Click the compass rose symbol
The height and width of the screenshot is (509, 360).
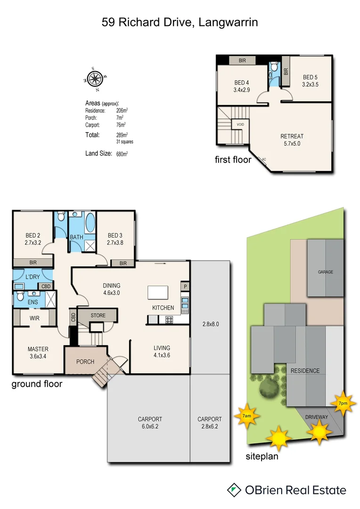(x=96, y=79)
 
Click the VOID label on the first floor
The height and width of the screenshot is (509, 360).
(x=240, y=124)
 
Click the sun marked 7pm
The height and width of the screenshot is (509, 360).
(x=343, y=403)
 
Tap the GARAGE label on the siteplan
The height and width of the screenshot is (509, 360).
(x=325, y=272)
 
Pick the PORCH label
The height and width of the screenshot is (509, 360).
(x=85, y=362)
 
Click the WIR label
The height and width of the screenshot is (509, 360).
(x=34, y=318)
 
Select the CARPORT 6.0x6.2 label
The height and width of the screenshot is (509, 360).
(x=150, y=422)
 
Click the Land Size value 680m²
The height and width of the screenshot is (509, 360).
(x=122, y=154)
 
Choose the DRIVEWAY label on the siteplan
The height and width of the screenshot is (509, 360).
(x=316, y=417)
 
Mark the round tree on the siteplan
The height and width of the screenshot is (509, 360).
(x=268, y=388)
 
